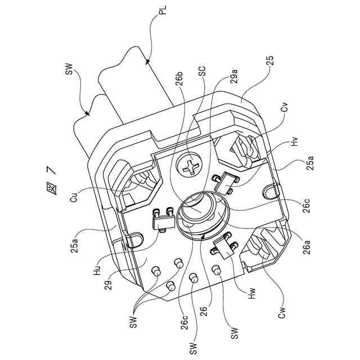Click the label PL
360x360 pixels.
[x=163, y=11]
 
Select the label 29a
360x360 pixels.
[x=233, y=76]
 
